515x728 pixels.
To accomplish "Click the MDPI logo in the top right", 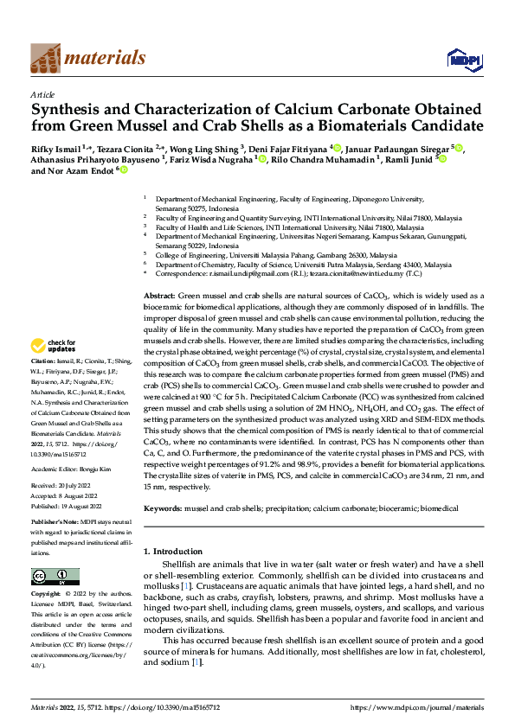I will (x=460, y=58).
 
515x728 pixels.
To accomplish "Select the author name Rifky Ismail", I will (x=57, y=149).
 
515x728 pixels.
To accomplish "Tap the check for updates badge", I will (x=55, y=346).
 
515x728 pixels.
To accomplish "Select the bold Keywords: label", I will (x=164, y=508).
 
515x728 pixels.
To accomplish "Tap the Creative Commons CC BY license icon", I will (x=55, y=577).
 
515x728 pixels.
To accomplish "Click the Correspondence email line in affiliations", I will (x=299, y=274).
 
